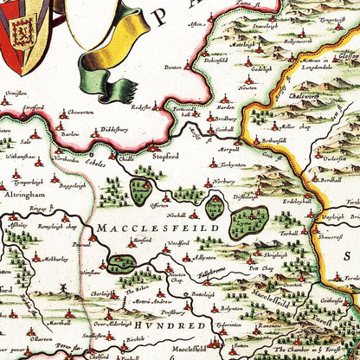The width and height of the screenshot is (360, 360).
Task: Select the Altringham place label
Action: (x=24, y=196)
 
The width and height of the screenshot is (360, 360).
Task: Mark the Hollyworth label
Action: (x=294, y=40)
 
